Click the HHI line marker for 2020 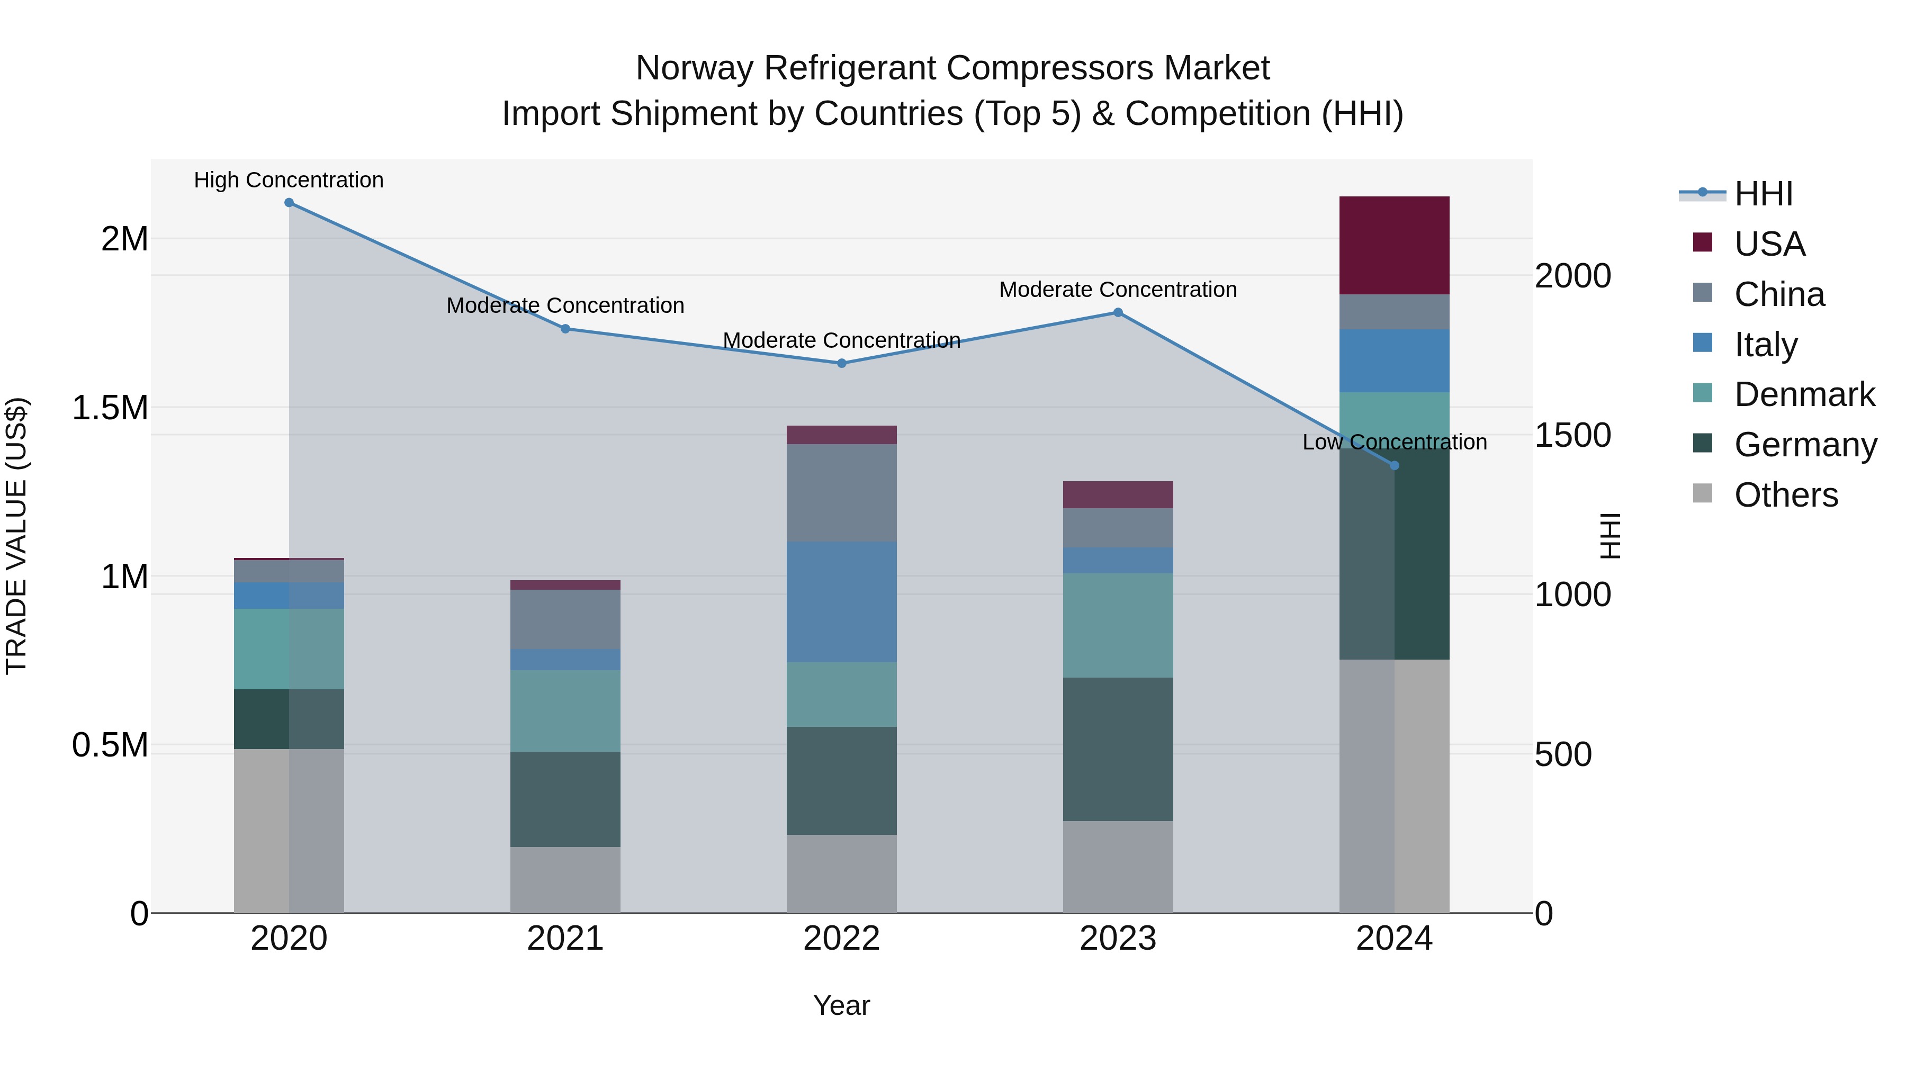(289, 203)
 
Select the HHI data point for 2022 (841, 363)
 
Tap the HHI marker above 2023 (1118, 313)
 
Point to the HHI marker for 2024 (1395, 465)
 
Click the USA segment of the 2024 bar (1394, 246)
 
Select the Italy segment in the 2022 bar (841, 601)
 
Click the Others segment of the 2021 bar (565, 880)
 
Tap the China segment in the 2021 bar (565, 619)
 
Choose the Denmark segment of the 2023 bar (1118, 625)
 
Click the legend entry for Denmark (1804, 394)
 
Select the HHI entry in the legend (1763, 194)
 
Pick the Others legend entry (1785, 495)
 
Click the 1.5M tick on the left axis (110, 408)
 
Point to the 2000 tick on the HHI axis (1572, 276)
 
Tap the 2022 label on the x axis (841, 938)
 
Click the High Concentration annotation (289, 180)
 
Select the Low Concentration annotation (1394, 443)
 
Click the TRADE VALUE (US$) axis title (16, 536)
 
